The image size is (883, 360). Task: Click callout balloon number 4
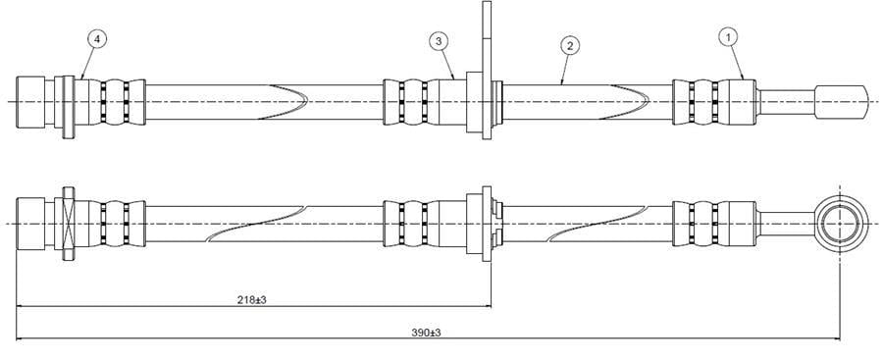click(x=97, y=39)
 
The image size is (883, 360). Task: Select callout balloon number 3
click(x=439, y=41)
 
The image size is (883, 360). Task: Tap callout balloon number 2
click(x=570, y=46)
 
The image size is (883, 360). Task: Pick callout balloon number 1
click(x=729, y=36)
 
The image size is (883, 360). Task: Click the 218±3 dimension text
click(x=252, y=300)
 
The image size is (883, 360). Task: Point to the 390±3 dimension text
click(x=427, y=333)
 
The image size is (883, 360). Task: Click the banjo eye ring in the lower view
click(x=839, y=224)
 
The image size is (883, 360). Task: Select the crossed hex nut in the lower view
click(x=68, y=224)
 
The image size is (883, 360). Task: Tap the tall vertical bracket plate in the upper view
click(x=487, y=70)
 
